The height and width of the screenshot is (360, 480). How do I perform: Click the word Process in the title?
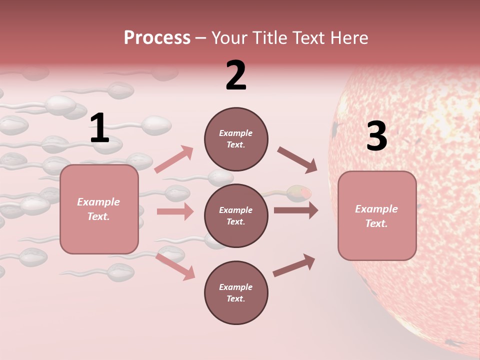coord(157,38)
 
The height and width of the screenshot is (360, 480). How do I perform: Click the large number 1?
coord(99,128)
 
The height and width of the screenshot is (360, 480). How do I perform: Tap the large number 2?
coord(236,75)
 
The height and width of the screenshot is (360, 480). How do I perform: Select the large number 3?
coord(376,136)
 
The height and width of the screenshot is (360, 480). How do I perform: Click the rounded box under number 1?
coord(99,209)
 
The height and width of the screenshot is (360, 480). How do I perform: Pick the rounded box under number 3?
coord(377,215)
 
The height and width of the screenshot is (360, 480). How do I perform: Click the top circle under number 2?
coord(236,139)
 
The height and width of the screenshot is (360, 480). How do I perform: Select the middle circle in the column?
coord(236,215)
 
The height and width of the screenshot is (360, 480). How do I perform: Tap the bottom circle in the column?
coord(236,292)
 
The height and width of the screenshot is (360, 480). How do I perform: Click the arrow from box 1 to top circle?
coord(174,159)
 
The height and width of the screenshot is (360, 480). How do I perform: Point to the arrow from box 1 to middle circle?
coord(175,211)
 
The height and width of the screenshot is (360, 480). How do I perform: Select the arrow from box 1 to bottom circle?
coord(175,266)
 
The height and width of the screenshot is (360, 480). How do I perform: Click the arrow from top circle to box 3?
coord(297,160)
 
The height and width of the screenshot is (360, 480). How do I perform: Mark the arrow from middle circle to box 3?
coord(295,210)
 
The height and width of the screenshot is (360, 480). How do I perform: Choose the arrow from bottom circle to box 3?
coord(294,265)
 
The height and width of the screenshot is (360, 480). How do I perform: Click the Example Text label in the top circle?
coord(236,139)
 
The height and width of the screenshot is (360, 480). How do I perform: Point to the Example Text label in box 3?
coord(376,216)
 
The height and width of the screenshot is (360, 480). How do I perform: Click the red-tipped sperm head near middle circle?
coord(301,192)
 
